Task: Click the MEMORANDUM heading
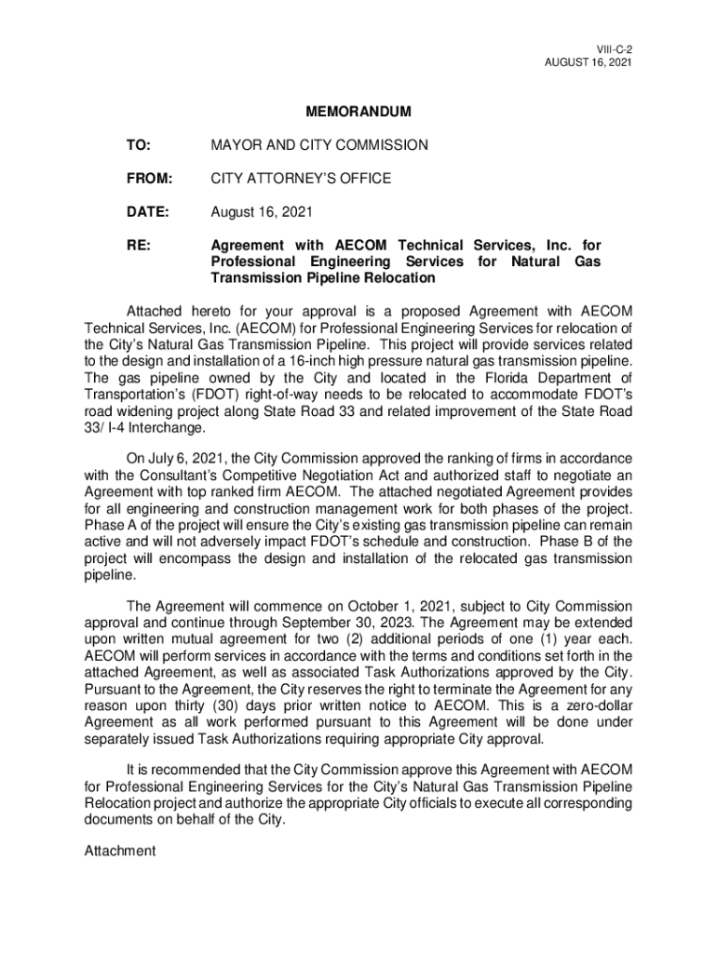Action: click(x=358, y=112)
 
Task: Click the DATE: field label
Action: click(x=148, y=212)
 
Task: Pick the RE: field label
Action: click(x=139, y=247)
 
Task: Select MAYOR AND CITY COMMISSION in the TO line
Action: click(x=319, y=145)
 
